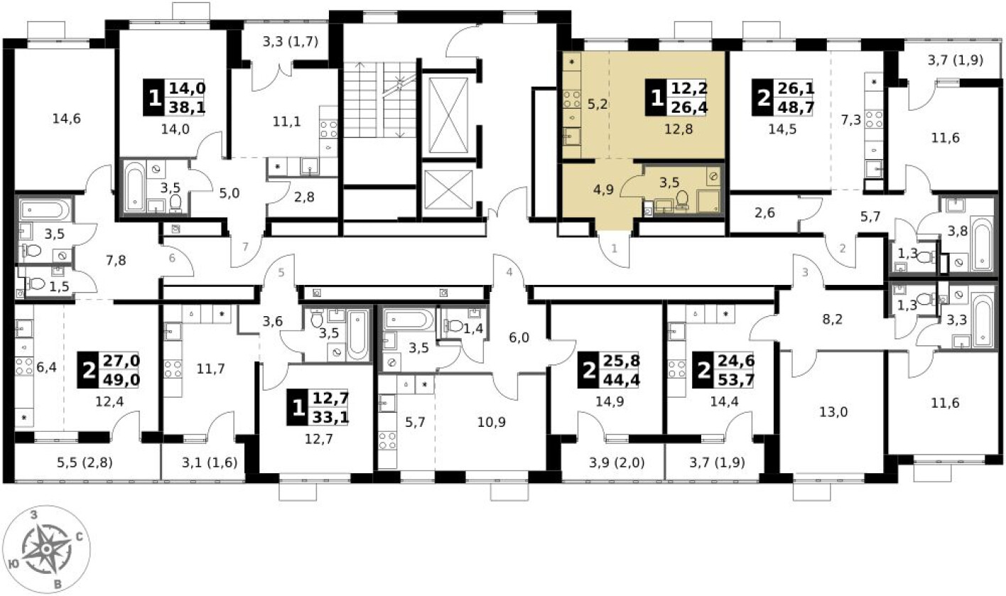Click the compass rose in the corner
click(x=46, y=549)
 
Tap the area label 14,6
click(x=67, y=119)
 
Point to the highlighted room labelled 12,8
click(x=678, y=129)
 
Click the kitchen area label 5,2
click(x=597, y=104)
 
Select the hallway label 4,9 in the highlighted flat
click(x=603, y=190)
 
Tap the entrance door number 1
click(x=615, y=248)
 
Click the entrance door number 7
click(x=245, y=246)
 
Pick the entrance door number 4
click(x=509, y=272)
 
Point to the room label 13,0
click(x=833, y=412)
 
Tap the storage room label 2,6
click(x=764, y=212)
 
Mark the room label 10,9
click(x=492, y=422)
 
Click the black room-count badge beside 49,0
click(x=89, y=370)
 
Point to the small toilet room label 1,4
click(x=473, y=329)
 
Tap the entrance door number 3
click(x=805, y=272)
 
